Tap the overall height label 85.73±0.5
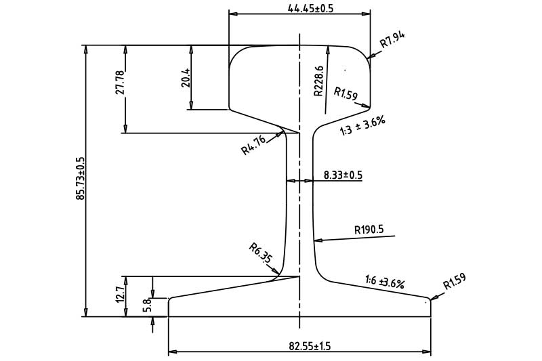click(80, 179)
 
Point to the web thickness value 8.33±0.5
click(343, 175)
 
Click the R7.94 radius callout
click(392, 40)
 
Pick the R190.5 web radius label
click(369, 230)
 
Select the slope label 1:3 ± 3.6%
click(362, 125)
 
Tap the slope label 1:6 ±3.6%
click(384, 282)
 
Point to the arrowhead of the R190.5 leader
click(316, 239)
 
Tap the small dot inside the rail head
click(346, 69)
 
